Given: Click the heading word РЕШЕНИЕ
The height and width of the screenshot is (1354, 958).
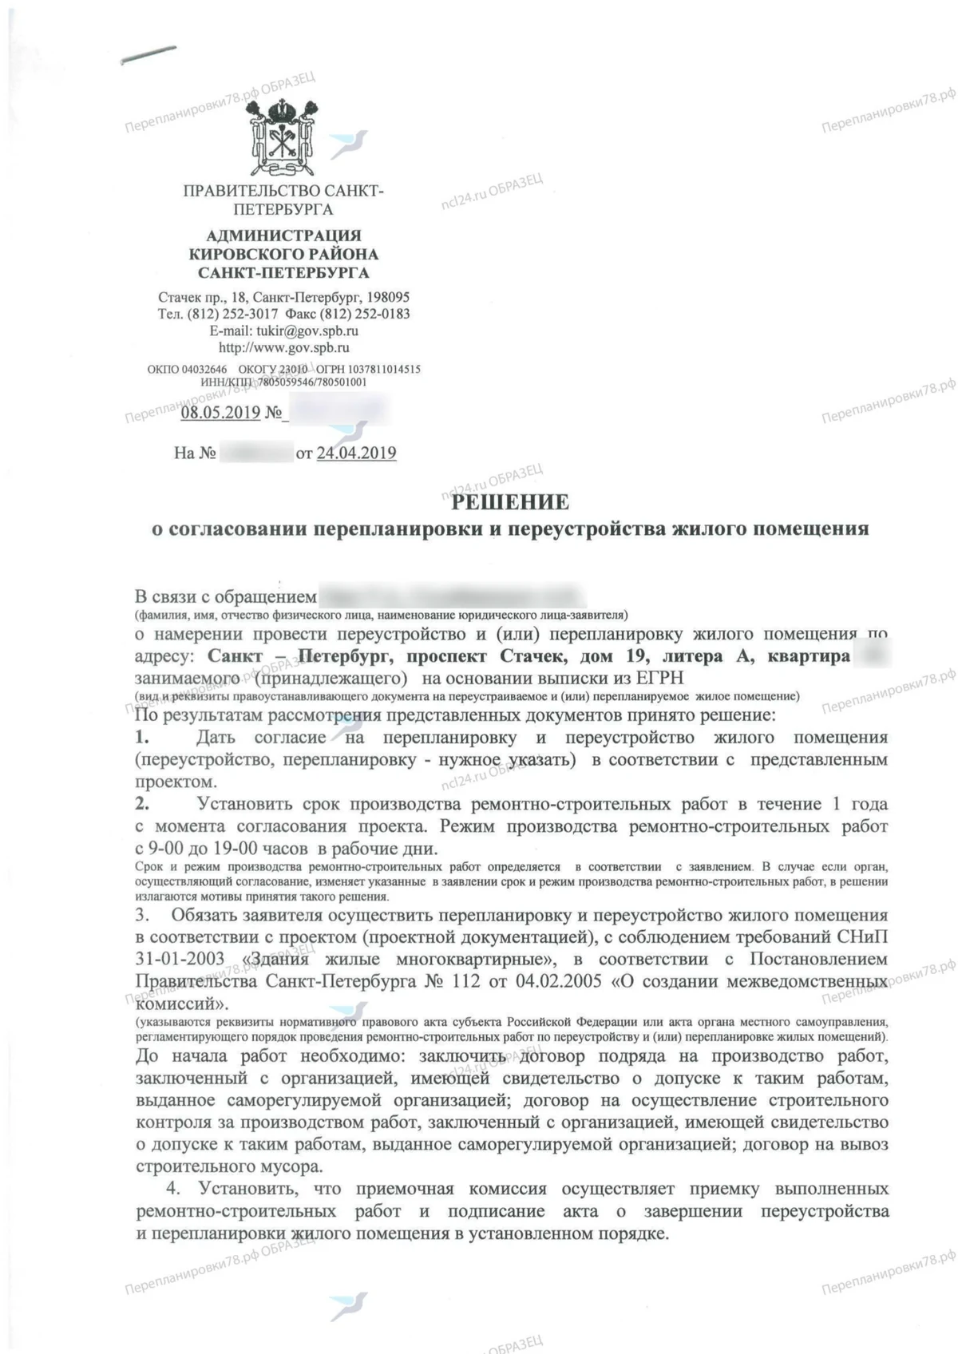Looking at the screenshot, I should (510, 502).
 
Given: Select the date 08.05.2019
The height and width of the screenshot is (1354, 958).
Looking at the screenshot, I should (220, 413).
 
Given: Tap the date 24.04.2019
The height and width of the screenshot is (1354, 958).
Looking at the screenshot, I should (356, 453).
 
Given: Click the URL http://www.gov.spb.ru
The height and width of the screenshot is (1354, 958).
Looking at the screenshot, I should (283, 348).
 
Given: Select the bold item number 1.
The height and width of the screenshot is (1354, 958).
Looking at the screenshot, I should (142, 738).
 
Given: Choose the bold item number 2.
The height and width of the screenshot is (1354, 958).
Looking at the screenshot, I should (142, 804).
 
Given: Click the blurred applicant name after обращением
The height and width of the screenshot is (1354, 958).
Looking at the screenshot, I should (452, 596).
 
